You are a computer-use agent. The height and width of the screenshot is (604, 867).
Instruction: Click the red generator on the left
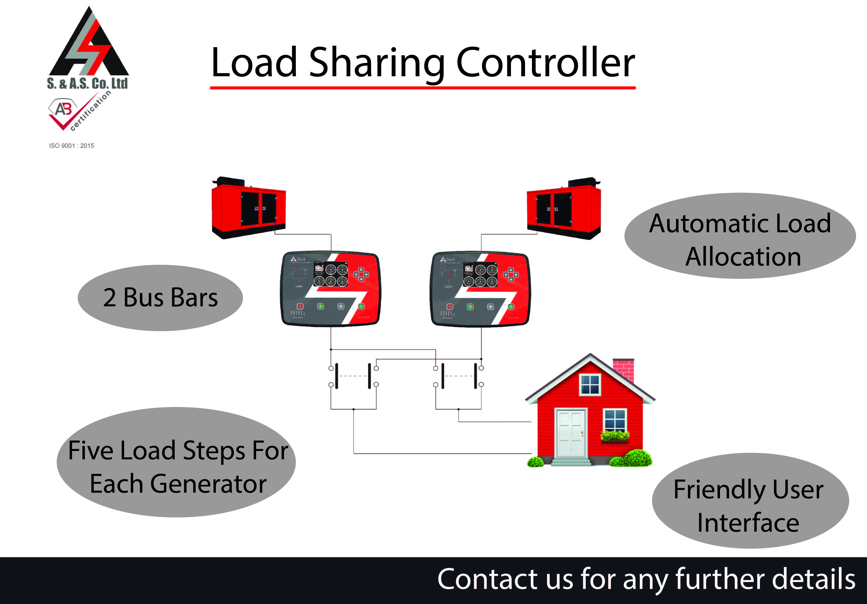[x=248, y=209]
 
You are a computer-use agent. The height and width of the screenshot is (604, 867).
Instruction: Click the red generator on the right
[x=564, y=209]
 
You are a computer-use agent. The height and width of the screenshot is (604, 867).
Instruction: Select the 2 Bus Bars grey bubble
[x=160, y=298]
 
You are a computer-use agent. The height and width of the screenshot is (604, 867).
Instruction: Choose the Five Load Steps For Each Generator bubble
[x=176, y=462]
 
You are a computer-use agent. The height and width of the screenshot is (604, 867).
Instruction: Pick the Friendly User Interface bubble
[x=750, y=501]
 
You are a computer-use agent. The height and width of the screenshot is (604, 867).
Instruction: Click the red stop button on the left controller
[x=300, y=306]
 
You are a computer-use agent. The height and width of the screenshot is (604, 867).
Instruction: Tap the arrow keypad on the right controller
[x=511, y=275]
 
